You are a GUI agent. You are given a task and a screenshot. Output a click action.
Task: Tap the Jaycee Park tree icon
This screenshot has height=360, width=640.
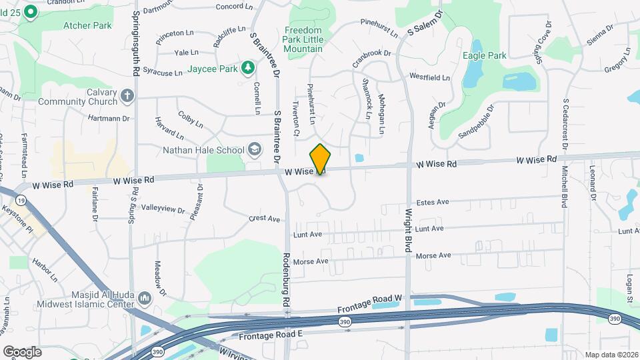248,68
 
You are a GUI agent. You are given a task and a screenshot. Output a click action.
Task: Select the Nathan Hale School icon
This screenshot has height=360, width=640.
254,149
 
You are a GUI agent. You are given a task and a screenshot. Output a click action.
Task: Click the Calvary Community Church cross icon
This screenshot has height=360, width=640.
127,96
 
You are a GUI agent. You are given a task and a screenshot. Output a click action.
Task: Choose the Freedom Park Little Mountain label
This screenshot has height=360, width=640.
303,39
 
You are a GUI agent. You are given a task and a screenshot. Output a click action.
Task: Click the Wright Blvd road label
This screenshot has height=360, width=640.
407,231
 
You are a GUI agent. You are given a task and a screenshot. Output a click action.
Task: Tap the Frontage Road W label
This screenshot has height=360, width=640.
371,306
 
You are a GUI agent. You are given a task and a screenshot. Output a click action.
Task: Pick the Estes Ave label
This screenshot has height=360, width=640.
433,202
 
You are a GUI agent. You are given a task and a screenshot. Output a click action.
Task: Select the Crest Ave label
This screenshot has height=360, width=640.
265,218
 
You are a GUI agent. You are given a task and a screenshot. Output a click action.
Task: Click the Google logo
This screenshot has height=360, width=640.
22,351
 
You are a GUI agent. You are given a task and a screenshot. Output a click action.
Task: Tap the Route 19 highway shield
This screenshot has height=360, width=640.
22,199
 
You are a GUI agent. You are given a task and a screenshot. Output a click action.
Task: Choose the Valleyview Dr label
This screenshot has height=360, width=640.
163,209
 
